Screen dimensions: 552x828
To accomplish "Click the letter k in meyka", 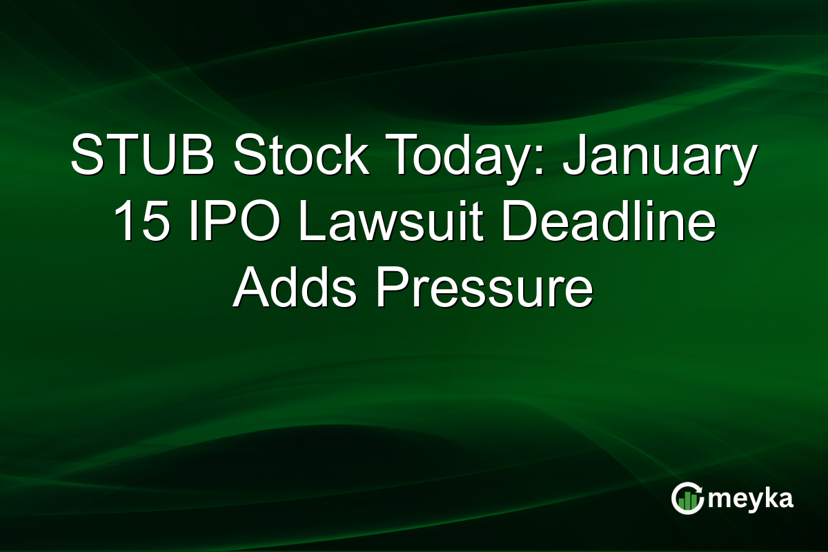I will pos(765,498).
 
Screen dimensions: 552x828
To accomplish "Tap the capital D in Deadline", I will pos(517,224).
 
